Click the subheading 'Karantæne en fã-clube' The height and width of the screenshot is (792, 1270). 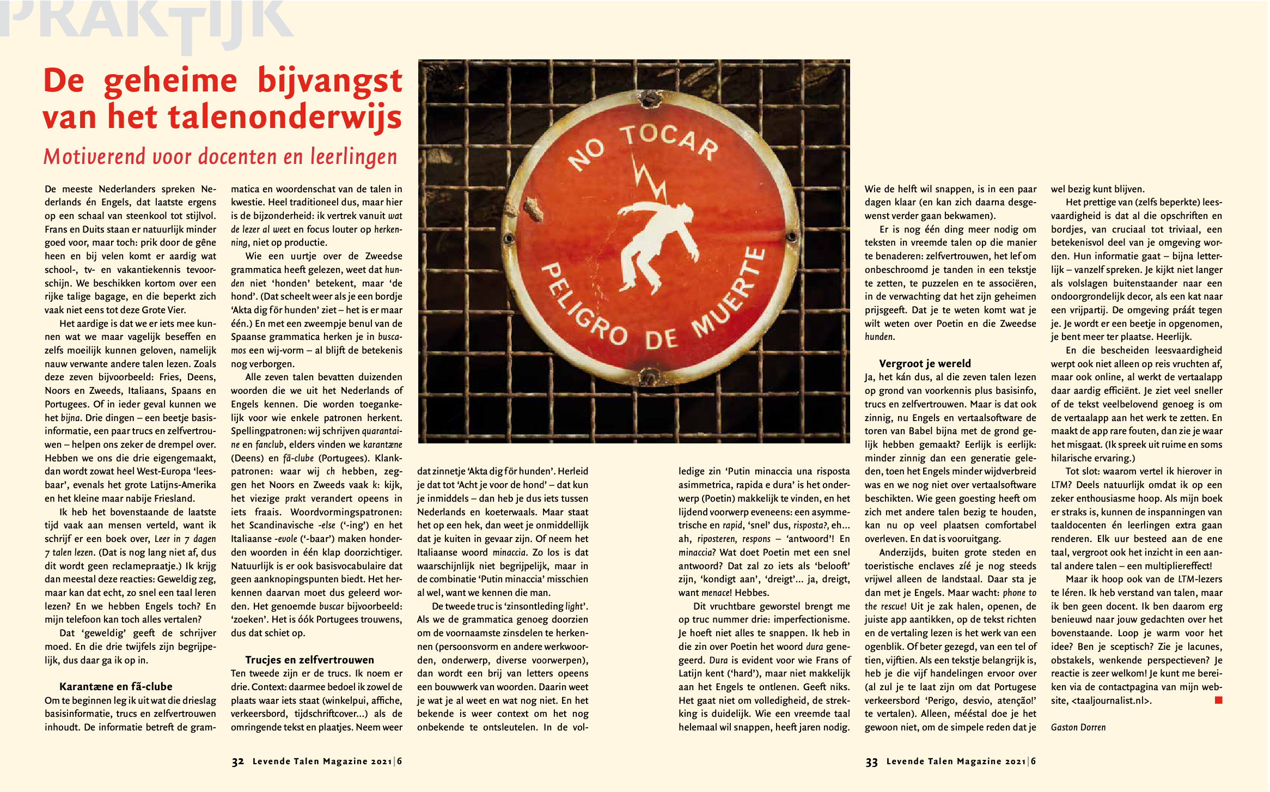click(x=115, y=686)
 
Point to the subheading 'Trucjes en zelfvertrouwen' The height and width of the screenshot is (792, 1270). click(x=309, y=660)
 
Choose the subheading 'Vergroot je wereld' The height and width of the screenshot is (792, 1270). click(x=925, y=363)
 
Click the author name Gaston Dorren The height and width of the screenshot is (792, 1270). click(x=1078, y=727)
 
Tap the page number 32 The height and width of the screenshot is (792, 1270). click(x=237, y=761)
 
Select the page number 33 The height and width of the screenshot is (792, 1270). click(x=871, y=761)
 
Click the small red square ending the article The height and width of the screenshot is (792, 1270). click(x=1219, y=700)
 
